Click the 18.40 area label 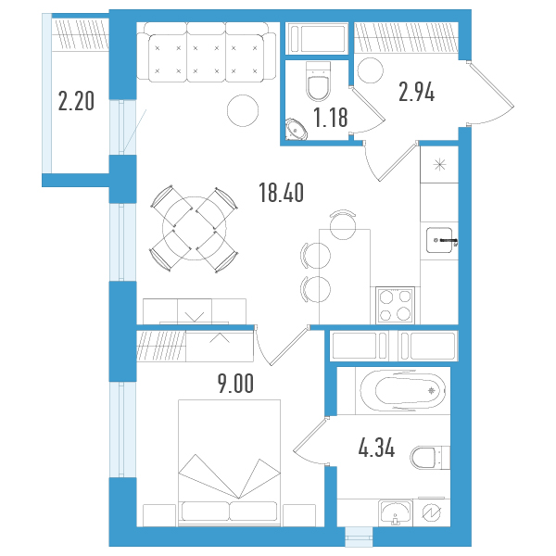pyautogui.click(x=281, y=193)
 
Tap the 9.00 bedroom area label pyautogui.click(x=235, y=384)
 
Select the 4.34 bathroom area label pyautogui.click(x=376, y=448)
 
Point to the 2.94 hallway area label pyautogui.click(x=416, y=92)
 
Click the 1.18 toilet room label pyautogui.click(x=331, y=118)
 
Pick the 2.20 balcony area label pyautogui.click(x=76, y=101)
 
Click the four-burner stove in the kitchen pyautogui.click(x=395, y=305)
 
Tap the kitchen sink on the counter pyautogui.click(x=439, y=240)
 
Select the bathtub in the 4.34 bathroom pyautogui.click(x=403, y=391)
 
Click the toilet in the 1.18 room pyautogui.click(x=318, y=81)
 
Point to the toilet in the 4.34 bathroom pyautogui.click(x=430, y=458)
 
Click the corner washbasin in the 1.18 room pyautogui.click(x=297, y=129)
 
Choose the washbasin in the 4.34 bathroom pyautogui.click(x=396, y=512)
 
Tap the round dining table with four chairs pyautogui.click(x=195, y=228)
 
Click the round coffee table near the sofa pyautogui.click(x=243, y=110)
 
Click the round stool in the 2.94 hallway pyautogui.click(x=370, y=70)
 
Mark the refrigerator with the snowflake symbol pyautogui.click(x=439, y=165)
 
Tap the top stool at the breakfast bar pyautogui.click(x=343, y=224)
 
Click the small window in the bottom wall pyautogui.click(x=359, y=537)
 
